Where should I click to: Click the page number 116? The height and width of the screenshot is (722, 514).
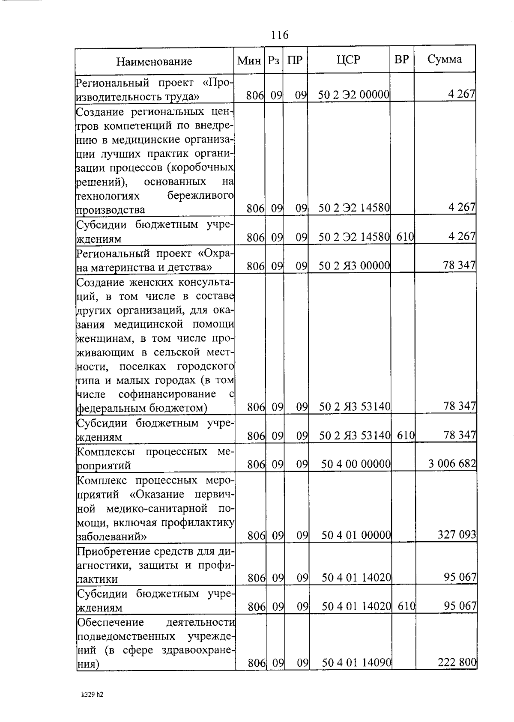pos(280,35)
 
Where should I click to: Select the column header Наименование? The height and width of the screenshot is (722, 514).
pos(154,62)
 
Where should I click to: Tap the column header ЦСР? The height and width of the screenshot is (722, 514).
pos(349,60)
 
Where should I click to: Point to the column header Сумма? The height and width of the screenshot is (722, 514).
pos(445,59)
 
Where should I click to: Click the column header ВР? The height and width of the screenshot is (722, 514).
pos(401,60)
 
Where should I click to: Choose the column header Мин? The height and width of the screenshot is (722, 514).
pos(249,61)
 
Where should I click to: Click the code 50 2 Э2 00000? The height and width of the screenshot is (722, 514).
pos(353,95)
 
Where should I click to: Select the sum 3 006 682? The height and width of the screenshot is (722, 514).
pos(452,463)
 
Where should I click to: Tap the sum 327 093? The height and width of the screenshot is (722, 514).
pos(457,534)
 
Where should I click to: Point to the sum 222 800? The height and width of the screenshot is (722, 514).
pos(457,662)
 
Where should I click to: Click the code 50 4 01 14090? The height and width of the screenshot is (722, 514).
pos(356,663)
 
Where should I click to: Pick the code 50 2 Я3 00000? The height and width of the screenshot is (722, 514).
pos(354,266)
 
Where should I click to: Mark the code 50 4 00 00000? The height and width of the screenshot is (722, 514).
pos(356,464)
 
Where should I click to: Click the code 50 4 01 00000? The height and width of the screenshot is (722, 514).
pos(356,535)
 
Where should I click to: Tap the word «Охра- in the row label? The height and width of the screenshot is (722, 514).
pos(215,254)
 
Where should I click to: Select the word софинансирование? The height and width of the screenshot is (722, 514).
pos(167,394)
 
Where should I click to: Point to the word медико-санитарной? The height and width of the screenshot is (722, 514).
pos(157,508)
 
